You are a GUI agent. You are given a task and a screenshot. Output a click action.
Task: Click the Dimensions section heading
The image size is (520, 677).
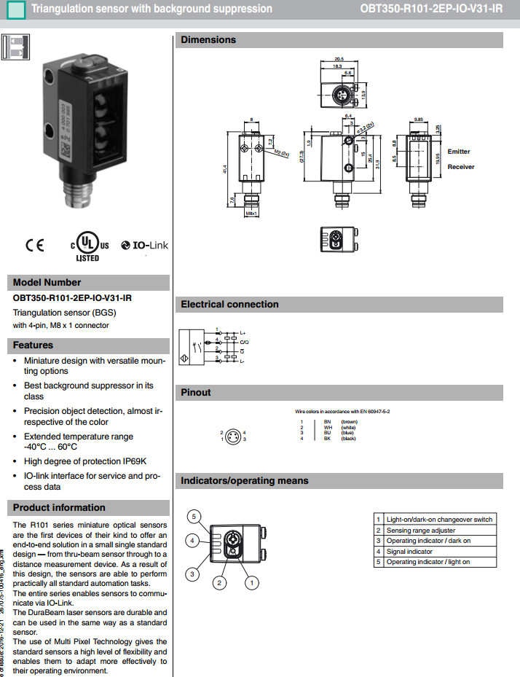point(208,40)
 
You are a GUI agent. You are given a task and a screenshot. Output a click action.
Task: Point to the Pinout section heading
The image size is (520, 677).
point(196,393)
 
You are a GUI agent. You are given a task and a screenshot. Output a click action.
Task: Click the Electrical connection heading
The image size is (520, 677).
point(229,305)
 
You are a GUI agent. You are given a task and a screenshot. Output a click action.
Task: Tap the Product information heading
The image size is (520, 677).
point(59,508)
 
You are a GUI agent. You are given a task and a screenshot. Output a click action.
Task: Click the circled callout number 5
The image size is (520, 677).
point(193,517)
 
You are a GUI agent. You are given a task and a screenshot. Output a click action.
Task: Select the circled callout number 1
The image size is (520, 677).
point(251,582)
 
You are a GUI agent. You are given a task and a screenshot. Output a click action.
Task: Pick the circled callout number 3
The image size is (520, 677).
point(193,574)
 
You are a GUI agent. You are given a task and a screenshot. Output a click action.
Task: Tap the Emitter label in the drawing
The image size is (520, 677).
point(459,152)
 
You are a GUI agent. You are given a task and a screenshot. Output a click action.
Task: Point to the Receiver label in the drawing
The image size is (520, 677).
point(460,167)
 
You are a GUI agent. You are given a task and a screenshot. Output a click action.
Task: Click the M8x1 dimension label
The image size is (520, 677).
point(251,214)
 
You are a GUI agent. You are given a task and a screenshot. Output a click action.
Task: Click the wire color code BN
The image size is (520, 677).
point(328,421)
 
